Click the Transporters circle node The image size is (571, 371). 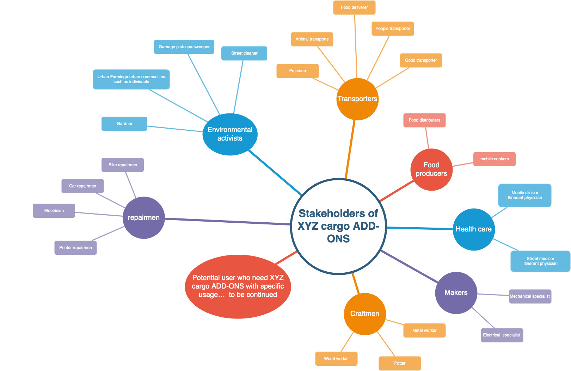(x=357, y=99)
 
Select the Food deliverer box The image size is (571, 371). (x=354, y=7)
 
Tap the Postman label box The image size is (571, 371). (x=297, y=71)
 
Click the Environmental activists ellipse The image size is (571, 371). (x=230, y=134)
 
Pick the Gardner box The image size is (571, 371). (x=124, y=124)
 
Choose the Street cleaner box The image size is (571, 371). (x=244, y=53)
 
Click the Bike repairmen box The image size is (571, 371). (x=123, y=165)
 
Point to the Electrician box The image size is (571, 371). (x=54, y=211)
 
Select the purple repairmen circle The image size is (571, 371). (x=144, y=218)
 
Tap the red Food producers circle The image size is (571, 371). (x=431, y=169)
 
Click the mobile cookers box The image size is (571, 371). (x=495, y=159)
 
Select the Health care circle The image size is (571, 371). (x=474, y=229)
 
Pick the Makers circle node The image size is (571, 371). (x=456, y=293)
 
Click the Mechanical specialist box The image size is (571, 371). (x=530, y=296)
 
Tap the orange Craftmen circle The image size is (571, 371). (x=365, y=314)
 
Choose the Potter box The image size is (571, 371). (x=400, y=363)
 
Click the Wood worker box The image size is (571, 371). (x=336, y=359)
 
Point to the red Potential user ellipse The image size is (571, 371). (x=238, y=286)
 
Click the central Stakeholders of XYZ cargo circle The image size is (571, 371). (x=338, y=226)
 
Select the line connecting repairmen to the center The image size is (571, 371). (x=227, y=221)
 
